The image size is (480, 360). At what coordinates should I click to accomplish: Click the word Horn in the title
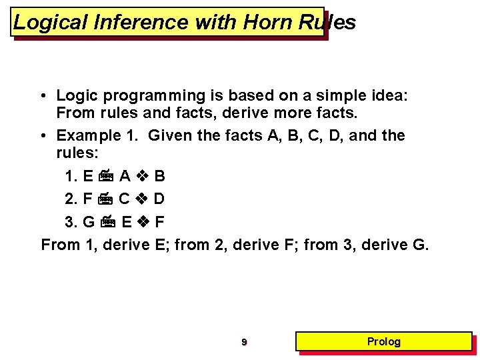268,23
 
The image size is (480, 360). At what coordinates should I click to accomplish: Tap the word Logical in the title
51,23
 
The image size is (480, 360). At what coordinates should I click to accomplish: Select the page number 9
244,342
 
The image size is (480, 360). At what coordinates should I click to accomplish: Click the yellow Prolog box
384,341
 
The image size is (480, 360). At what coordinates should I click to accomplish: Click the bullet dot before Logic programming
43,96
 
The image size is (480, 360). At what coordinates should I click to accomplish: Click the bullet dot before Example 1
43,136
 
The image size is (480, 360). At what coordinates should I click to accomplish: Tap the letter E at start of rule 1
88,177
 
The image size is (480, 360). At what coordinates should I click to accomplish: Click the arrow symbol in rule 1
106,177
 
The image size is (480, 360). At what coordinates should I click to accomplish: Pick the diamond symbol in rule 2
142,199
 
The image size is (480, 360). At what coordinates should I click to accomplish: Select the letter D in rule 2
159,199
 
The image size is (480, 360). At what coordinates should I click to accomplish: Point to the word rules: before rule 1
77,154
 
